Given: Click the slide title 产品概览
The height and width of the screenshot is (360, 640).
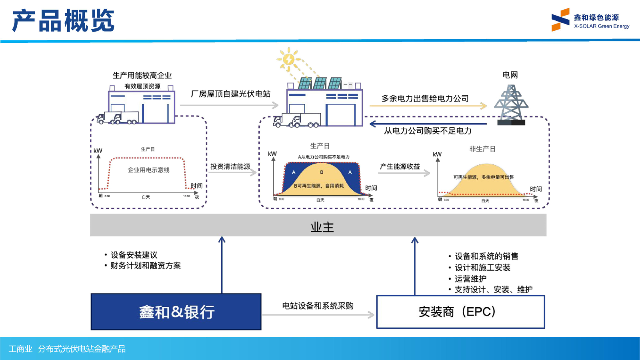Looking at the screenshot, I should pyautogui.click(x=63, y=21).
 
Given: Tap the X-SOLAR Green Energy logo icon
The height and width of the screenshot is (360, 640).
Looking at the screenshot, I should pyautogui.click(x=560, y=20).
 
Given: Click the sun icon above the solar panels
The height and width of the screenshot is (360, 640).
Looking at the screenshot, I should pyautogui.click(x=288, y=60).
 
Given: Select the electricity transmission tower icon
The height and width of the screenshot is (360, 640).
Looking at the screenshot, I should pyautogui.click(x=511, y=104).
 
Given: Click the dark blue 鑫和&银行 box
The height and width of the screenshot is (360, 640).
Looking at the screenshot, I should pyautogui.click(x=176, y=312).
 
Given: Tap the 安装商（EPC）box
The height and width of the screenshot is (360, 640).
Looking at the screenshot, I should pyautogui.click(x=460, y=312).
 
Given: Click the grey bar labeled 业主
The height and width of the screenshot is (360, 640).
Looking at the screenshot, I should pyautogui.click(x=318, y=225).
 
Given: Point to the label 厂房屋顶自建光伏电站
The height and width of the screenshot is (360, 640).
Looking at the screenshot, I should pyautogui.click(x=230, y=94).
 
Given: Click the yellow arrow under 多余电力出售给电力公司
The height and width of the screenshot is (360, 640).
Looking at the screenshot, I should pyautogui.click(x=428, y=106).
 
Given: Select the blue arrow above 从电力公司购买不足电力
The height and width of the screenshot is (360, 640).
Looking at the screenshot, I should pyautogui.click(x=428, y=124).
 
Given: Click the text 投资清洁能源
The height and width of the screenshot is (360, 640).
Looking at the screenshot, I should pyautogui.click(x=230, y=166).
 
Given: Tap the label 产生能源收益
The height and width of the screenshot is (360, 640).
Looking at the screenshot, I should pyautogui.click(x=400, y=166).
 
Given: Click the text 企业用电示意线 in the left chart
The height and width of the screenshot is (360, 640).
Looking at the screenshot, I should pyautogui.click(x=148, y=170).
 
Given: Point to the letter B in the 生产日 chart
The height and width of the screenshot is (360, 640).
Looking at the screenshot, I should pyautogui.click(x=322, y=172).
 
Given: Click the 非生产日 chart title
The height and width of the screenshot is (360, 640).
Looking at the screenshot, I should pyautogui.click(x=482, y=149).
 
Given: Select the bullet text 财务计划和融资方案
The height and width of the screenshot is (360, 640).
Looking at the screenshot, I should pyautogui.click(x=145, y=266).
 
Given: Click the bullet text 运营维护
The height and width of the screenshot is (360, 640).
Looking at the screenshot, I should pyautogui.click(x=470, y=279).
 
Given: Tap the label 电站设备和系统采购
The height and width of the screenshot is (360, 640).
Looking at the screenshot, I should pyautogui.click(x=318, y=306).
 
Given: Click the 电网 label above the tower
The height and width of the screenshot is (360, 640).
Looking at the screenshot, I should pyautogui.click(x=510, y=75).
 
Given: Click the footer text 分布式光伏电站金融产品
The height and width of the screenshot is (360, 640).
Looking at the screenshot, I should pyautogui.click(x=82, y=349).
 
